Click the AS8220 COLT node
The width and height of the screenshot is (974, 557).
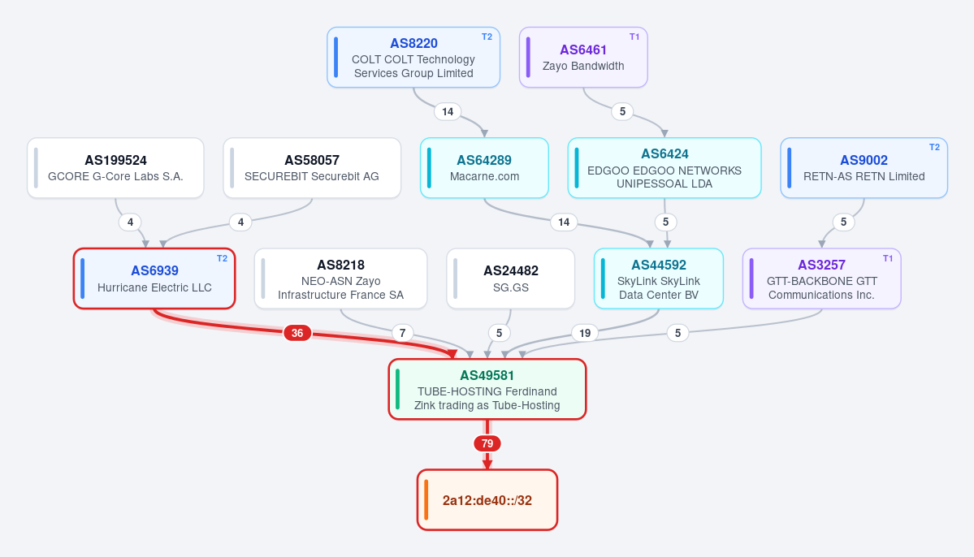(x=413, y=57)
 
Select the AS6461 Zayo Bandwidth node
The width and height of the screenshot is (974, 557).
(x=583, y=57)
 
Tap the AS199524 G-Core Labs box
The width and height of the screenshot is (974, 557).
(x=115, y=168)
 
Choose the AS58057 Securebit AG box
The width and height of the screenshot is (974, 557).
(x=312, y=168)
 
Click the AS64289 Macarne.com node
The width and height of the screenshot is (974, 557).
(x=484, y=168)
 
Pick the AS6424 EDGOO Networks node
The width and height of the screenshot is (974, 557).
(x=664, y=168)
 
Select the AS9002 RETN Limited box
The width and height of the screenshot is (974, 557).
(x=864, y=168)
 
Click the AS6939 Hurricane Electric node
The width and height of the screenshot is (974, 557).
(x=154, y=278)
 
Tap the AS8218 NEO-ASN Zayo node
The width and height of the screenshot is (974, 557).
(x=341, y=278)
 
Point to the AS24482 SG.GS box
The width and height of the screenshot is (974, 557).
(x=511, y=278)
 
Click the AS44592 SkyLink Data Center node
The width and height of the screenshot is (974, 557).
(x=659, y=278)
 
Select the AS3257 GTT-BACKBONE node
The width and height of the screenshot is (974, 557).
(x=822, y=278)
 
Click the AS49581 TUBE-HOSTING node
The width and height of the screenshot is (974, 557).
(x=487, y=390)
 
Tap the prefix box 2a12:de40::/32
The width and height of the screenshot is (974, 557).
(x=487, y=500)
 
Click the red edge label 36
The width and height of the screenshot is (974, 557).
(x=297, y=334)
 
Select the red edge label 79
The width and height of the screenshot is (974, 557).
(x=487, y=444)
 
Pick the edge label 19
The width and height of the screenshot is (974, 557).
(x=585, y=334)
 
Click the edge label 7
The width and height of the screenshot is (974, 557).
(x=403, y=334)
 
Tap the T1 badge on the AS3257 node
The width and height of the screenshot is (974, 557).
(x=888, y=258)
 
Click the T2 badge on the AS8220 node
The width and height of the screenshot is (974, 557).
(x=487, y=37)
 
